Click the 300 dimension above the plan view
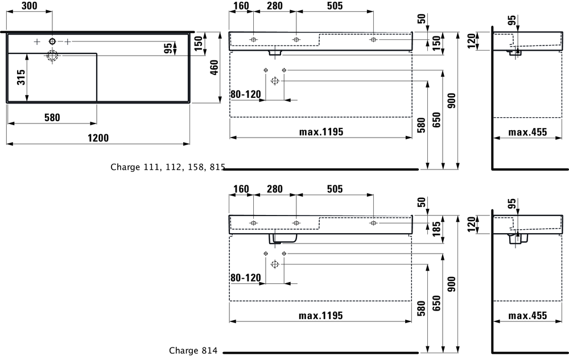coord(29,6)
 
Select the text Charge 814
coord(193,351)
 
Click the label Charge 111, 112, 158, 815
coord(168,167)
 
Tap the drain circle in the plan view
coord(52,55)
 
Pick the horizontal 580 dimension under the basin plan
coord(52,117)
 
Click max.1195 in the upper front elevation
coord(321,132)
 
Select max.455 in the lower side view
coord(527,316)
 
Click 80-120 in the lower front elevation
coord(245,278)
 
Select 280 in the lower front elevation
coord(275,189)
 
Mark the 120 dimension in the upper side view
coord(471,41)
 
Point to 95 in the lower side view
coord(512,204)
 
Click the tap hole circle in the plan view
coord(52,41)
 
